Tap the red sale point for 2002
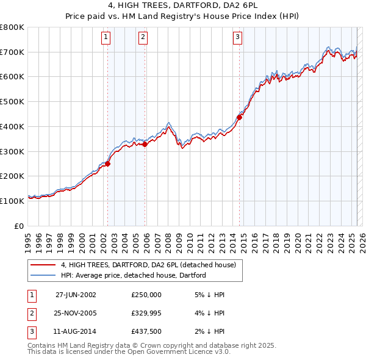108,164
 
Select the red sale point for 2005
145,144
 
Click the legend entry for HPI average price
134,275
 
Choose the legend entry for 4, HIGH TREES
152,265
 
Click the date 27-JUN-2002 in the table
76,295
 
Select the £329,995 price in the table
146,313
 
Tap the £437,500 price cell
146,331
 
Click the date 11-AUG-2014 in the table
76,331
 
